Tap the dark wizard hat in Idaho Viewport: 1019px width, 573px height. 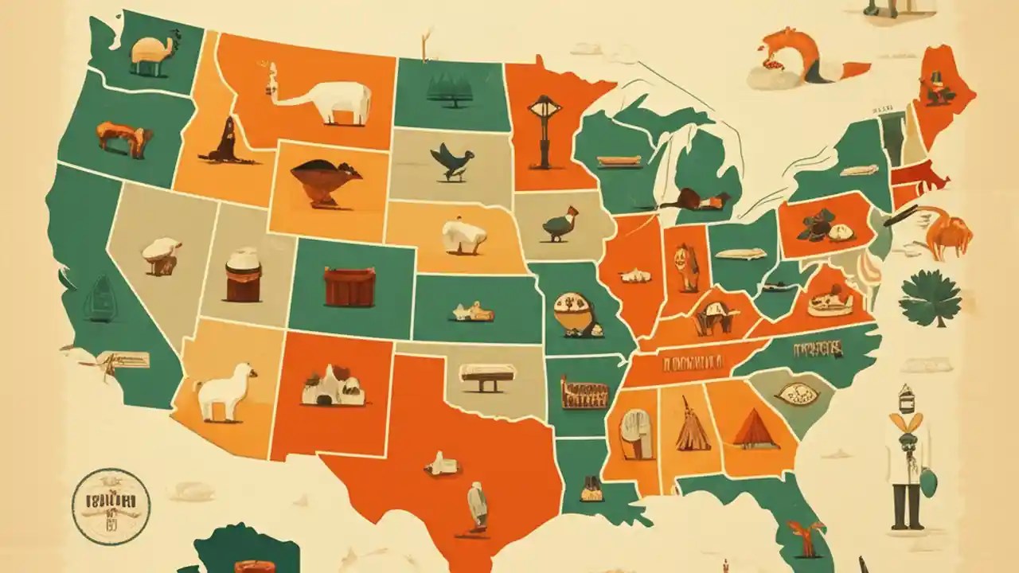tap(225, 142)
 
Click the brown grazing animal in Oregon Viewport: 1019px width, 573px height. tap(124, 138)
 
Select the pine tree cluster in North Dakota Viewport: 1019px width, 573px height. tap(450, 90)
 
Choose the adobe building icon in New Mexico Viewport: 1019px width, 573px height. tap(333, 387)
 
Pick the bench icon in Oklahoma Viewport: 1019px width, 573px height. tap(486, 376)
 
